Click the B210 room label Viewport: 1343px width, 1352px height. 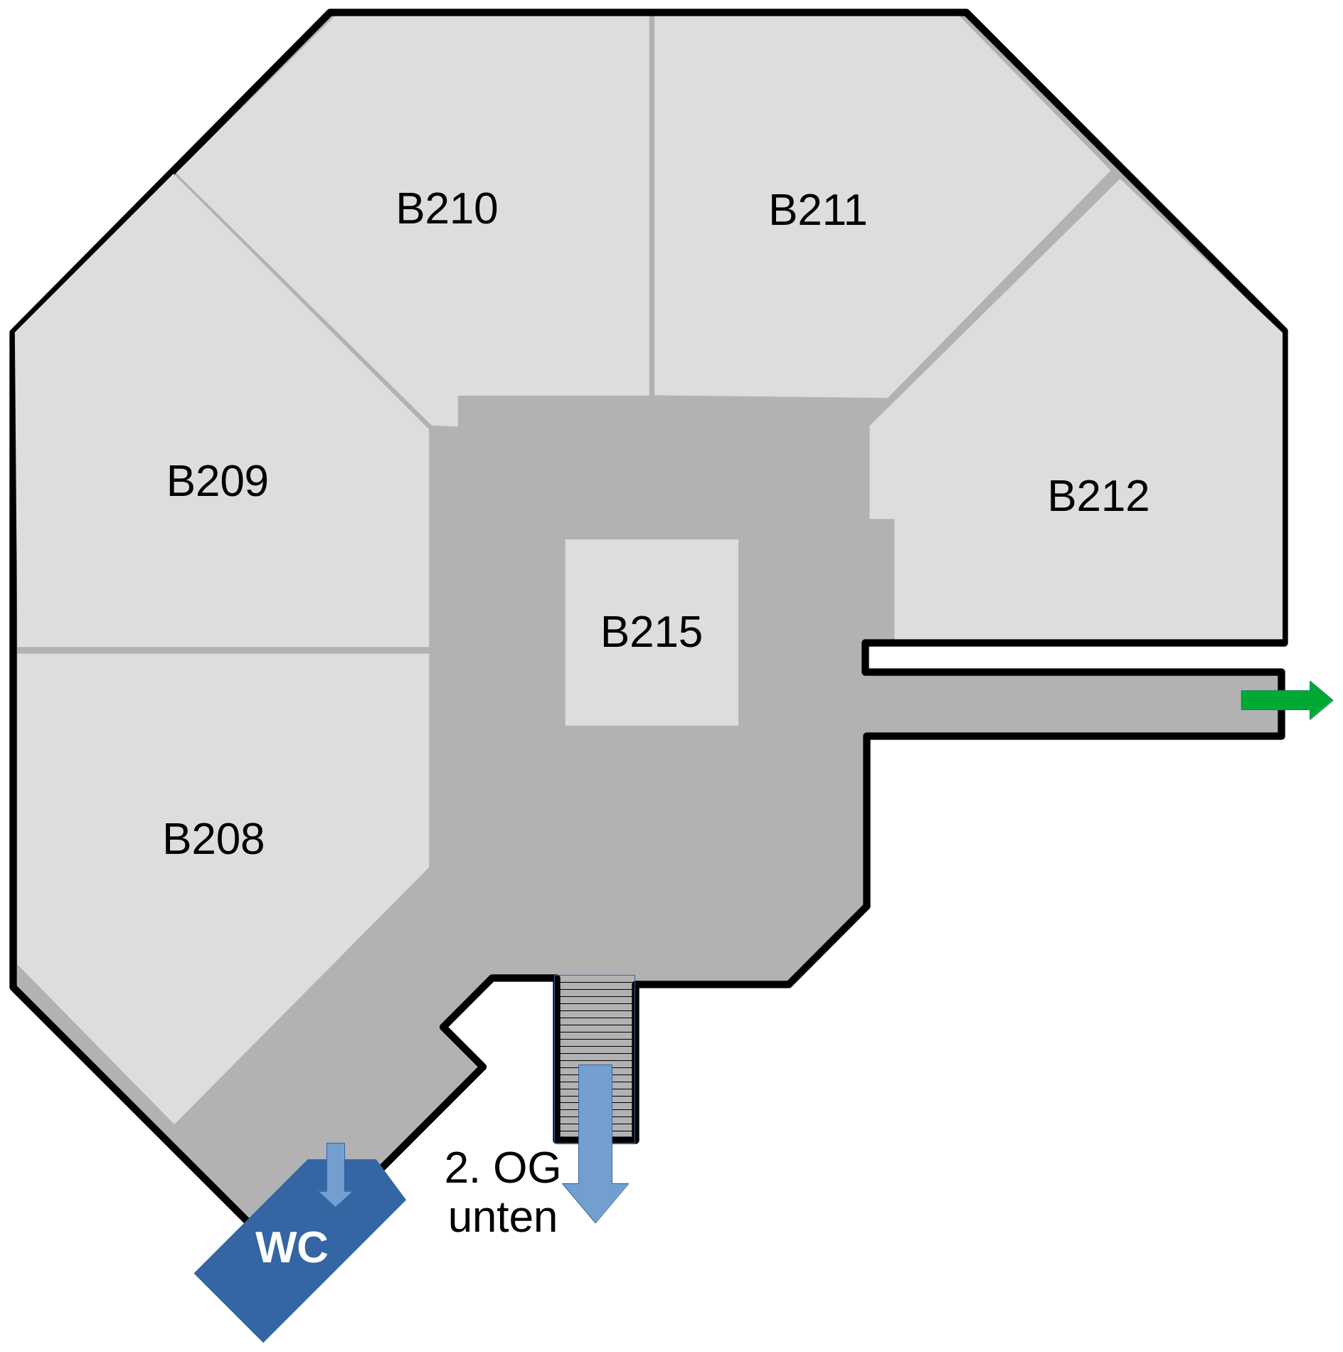click(x=447, y=208)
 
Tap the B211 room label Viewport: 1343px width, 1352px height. click(x=817, y=211)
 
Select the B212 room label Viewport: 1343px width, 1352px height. click(x=1098, y=496)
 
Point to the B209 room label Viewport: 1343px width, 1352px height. click(x=217, y=481)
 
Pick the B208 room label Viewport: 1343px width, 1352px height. click(x=213, y=839)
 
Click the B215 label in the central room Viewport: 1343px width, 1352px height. click(x=652, y=632)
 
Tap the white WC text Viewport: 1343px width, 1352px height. click(x=292, y=1247)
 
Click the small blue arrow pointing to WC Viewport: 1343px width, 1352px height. click(x=336, y=1175)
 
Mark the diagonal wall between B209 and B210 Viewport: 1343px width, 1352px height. click(x=302, y=300)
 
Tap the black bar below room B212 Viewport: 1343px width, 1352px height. click(x=1067, y=657)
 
